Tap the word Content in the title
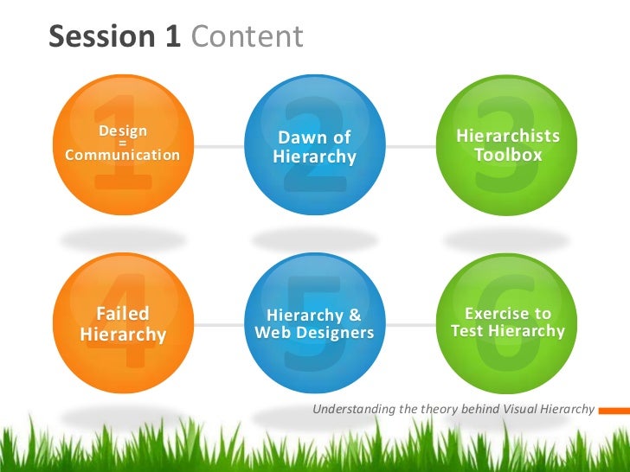247,36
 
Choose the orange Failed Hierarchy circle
122,322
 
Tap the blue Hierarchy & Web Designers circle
314,322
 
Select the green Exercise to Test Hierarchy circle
507,322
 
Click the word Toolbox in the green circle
508,156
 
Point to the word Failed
122,313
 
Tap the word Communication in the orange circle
122,156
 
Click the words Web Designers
314,334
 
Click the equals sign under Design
122,144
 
